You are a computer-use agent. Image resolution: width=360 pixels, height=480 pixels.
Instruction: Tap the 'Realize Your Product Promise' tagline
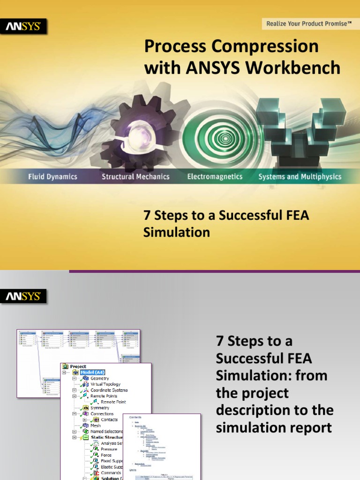(309, 23)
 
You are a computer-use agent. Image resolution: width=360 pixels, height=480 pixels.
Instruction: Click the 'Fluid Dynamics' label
(52, 177)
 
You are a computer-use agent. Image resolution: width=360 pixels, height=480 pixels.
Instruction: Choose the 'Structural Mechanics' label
(136, 177)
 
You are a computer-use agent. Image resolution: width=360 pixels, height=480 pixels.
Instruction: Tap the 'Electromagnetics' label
(215, 177)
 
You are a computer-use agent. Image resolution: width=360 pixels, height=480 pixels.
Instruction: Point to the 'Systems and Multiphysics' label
(300, 177)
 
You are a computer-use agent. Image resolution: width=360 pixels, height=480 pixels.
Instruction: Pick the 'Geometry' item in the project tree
(99, 378)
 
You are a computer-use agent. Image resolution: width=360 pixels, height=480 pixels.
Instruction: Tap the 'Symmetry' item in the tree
(99, 408)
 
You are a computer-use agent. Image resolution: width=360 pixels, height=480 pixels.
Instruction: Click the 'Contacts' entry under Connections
(109, 420)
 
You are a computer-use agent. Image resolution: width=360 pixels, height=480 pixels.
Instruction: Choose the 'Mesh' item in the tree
(96, 426)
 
